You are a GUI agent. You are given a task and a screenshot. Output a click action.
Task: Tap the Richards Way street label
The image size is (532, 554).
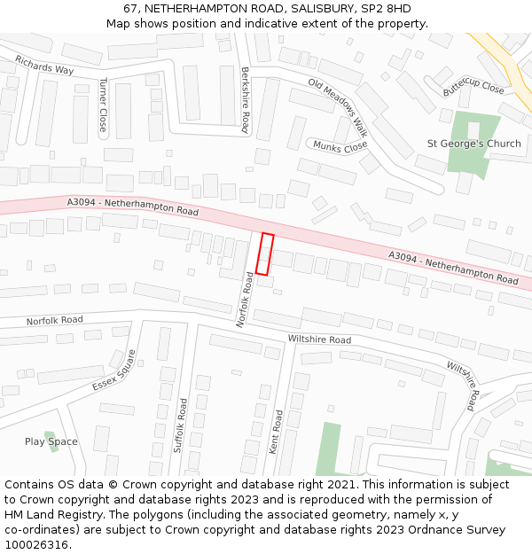(44, 65)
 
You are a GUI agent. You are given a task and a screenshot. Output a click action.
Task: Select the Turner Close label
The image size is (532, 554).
(103, 105)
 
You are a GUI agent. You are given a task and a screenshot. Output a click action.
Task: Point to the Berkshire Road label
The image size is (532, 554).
(245, 99)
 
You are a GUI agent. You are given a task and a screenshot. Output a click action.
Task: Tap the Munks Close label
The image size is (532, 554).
(339, 145)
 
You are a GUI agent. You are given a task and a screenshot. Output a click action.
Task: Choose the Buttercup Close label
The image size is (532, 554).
(473, 86)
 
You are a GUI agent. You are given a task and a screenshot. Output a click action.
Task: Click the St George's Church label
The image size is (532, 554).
(474, 144)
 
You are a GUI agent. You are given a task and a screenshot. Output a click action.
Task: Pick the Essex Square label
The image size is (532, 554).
(114, 371)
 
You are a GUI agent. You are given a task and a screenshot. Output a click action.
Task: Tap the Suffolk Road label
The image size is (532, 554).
(183, 425)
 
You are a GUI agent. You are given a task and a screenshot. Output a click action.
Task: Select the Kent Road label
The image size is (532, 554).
(276, 432)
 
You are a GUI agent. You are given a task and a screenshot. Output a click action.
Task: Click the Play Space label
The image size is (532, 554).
(51, 441)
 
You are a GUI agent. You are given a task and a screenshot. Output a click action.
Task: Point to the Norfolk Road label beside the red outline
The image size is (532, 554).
(245, 300)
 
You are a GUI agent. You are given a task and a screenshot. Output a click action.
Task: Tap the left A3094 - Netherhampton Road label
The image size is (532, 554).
(133, 207)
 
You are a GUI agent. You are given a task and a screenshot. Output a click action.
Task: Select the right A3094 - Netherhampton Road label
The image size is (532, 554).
(453, 267)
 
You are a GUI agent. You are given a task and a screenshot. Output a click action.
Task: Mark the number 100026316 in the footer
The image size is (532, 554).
(35, 545)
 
